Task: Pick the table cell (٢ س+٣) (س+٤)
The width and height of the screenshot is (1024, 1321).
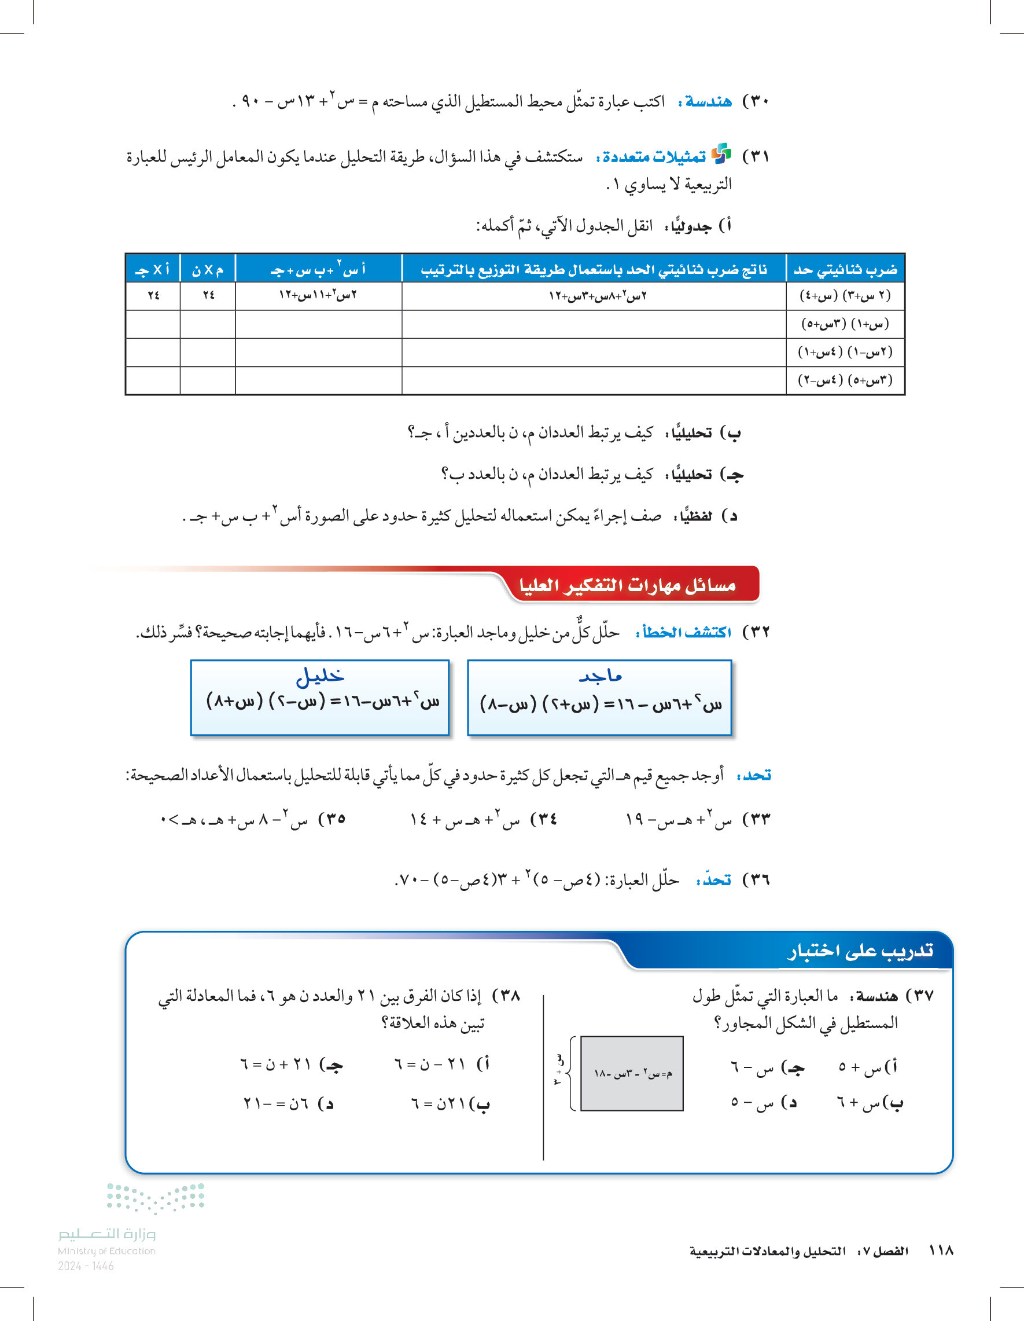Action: point(845,296)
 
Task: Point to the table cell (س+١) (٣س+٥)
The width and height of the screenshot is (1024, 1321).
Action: point(845,324)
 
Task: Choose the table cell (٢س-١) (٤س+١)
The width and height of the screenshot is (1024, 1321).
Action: point(845,352)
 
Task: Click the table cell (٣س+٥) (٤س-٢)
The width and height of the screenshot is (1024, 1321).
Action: point(845,380)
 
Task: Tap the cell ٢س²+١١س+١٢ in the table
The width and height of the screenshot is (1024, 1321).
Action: point(318,296)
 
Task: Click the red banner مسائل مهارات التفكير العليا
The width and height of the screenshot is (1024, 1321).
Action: point(627,585)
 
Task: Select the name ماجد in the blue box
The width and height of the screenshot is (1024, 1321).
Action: point(600,676)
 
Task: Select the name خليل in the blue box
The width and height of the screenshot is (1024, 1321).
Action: point(320,676)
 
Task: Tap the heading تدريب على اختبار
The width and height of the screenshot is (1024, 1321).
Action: point(860,951)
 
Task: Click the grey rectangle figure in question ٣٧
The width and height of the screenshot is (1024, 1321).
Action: point(632,1074)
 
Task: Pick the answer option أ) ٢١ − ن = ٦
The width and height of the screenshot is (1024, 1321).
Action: point(442,1063)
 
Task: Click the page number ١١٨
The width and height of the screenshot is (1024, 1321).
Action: point(941,1251)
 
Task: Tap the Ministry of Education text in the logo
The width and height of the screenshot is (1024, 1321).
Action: point(106,1251)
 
